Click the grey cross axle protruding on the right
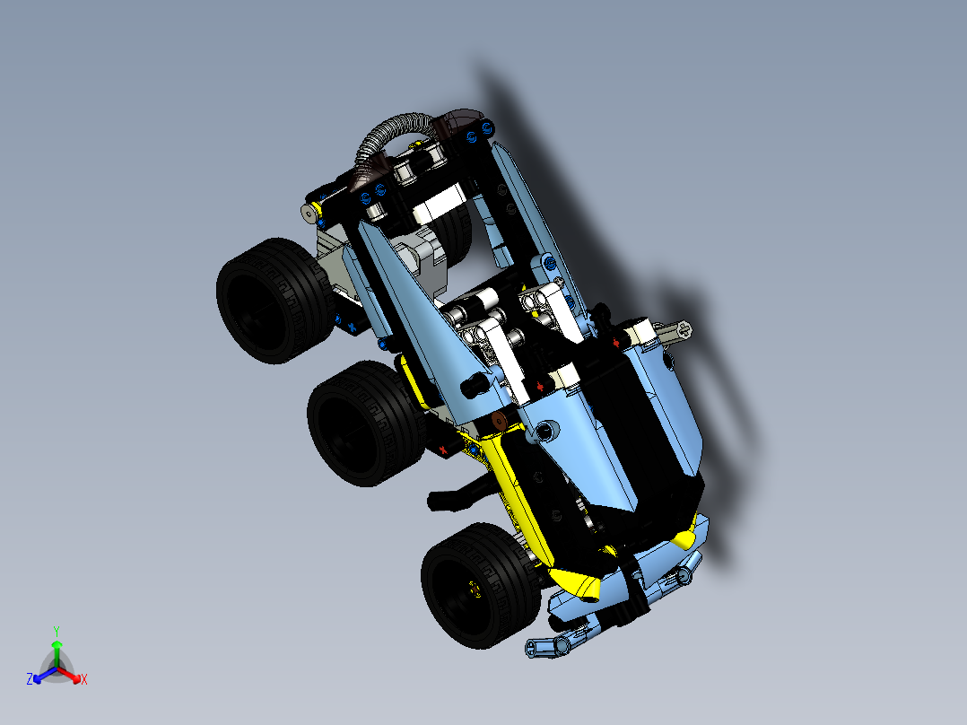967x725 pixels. coord(676,330)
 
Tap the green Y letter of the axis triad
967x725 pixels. coord(56,631)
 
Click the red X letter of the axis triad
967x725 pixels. coord(83,679)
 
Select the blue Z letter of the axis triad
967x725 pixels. coord(30,679)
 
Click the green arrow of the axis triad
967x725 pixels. coord(56,648)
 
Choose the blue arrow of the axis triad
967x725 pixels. coord(41,675)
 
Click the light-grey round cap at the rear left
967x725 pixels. coord(310,213)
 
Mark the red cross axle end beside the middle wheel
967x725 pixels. coord(441,449)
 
